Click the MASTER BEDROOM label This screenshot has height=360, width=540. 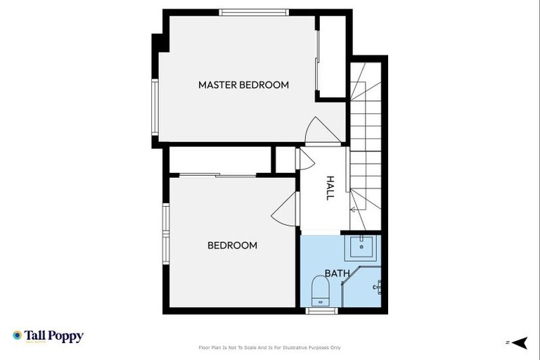click(243, 85)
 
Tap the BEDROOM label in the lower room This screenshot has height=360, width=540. click(232, 245)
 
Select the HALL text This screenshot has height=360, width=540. click(329, 188)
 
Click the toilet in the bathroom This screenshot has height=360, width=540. click(321, 290)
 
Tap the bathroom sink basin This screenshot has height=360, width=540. click(363, 246)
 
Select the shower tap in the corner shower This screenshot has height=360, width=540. click(378, 286)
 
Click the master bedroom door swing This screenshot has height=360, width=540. click(316, 130)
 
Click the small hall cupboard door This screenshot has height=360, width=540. click(305, 159)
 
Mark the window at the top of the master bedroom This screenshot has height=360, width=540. click(254, 12)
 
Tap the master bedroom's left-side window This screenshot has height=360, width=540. click(155, 107)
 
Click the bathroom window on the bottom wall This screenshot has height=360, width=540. click(322, 310)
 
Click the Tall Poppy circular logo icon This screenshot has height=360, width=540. click(17, 336)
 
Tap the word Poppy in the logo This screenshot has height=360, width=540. click(65, 336)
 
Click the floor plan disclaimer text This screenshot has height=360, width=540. click(270, 347)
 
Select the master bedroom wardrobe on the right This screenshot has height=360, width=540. click(331, 56)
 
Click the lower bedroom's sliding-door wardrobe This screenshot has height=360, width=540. click(220, 161)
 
